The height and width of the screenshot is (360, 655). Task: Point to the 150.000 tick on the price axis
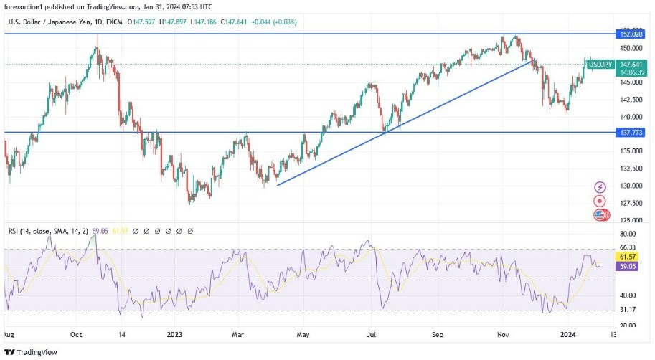click(631, 48)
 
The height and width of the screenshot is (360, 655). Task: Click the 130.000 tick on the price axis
click(631, 185)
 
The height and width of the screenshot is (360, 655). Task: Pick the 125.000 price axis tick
click(631, 220)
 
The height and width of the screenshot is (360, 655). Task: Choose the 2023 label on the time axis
click(175, 333)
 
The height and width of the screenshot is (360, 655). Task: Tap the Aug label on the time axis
click(9, 333)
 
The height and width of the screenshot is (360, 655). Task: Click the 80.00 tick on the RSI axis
click(628, 234)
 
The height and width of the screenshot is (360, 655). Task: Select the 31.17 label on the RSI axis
click(628, 310)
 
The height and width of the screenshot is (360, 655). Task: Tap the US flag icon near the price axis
click(600, 214)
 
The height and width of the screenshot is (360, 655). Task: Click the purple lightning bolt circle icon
click(600, 186)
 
